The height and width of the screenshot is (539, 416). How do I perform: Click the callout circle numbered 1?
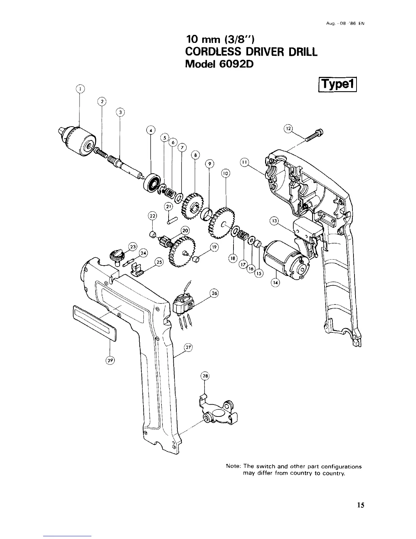[x=80, y=89]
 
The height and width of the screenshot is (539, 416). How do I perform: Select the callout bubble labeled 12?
[x=288, y=129]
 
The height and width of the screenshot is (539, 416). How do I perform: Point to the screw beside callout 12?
[x=314, y=135]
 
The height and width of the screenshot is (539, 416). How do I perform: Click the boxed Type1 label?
[x=337, y=85]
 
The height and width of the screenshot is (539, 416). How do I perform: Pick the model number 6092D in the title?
[x=236, y=64]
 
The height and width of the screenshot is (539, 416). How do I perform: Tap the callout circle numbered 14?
[x=275, y=282]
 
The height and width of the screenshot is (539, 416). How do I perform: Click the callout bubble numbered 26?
[x=214, y=293]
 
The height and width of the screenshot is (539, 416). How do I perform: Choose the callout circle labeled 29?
[x=110, y=360]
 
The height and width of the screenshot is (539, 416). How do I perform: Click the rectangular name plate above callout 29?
[x=94, y=323]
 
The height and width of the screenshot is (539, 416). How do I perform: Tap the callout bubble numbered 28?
[x=205, y=376]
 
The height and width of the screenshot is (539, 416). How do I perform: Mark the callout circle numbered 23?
[x=133, y=247]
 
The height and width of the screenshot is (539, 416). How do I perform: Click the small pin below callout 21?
[x=172, y=220]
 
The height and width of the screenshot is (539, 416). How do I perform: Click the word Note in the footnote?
[x=233, y=466]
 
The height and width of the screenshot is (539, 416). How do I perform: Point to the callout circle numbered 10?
[x=225, y=174]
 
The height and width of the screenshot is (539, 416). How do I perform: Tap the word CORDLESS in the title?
[x=213, y=52]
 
